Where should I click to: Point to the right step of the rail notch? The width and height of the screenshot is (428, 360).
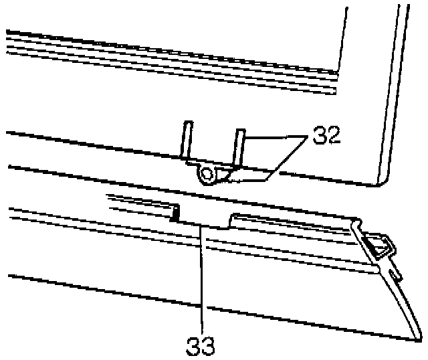(231, 219)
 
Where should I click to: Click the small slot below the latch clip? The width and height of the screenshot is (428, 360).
(395, 275)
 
